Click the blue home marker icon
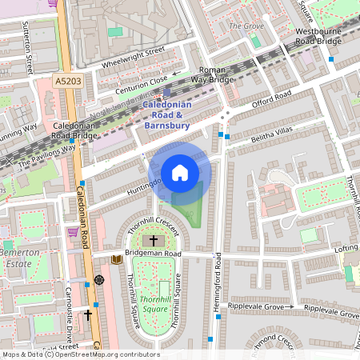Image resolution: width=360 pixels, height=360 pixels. coord(180,173)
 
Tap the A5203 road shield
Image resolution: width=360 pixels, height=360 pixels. coord(68,81)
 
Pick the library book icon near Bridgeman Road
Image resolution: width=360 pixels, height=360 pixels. coord(117,258)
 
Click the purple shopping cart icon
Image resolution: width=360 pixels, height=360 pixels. coord(73,232)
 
